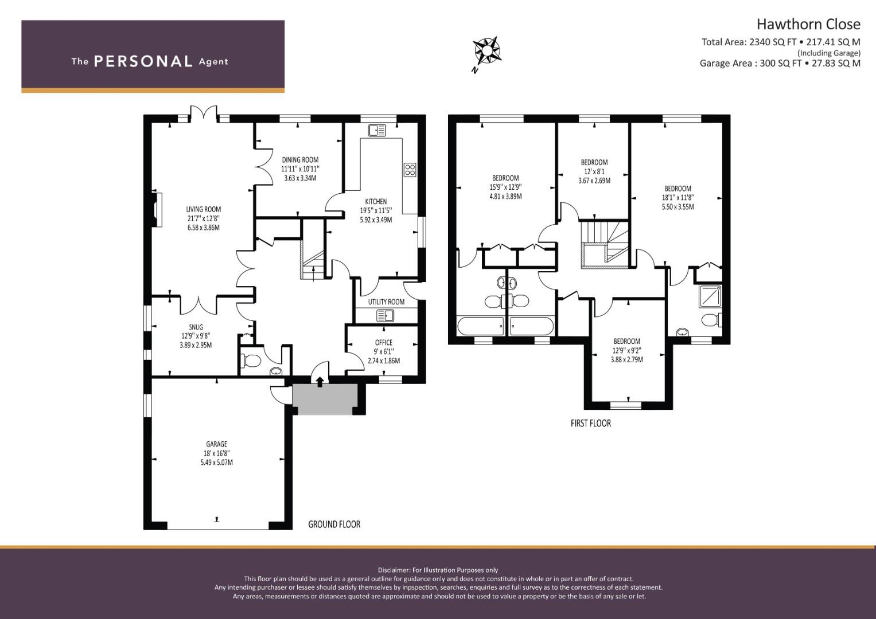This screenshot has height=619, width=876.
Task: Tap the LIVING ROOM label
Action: (x=203, y=210)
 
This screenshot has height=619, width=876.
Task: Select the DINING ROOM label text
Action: (x=300, y=160)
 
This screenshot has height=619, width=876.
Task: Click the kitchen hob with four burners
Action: (x=410, y=169)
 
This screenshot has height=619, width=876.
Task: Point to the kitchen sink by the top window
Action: (x=377, y=131)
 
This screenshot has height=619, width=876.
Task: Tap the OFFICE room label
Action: (x=384, y=343)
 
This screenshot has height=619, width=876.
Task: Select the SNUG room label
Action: (x=196, y=327)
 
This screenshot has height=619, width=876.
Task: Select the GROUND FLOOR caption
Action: (x=334, y=524)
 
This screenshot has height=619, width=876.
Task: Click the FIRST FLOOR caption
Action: (x=590, y=423)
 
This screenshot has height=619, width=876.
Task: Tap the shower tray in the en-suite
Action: (x=709, y=296)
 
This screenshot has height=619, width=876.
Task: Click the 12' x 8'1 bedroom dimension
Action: (x=594, y=171)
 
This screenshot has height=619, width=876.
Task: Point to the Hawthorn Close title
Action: (x=808, y=24)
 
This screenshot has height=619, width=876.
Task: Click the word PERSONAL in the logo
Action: (x=143, y=61)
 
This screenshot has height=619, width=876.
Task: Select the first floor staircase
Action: (x=605, y=245)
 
